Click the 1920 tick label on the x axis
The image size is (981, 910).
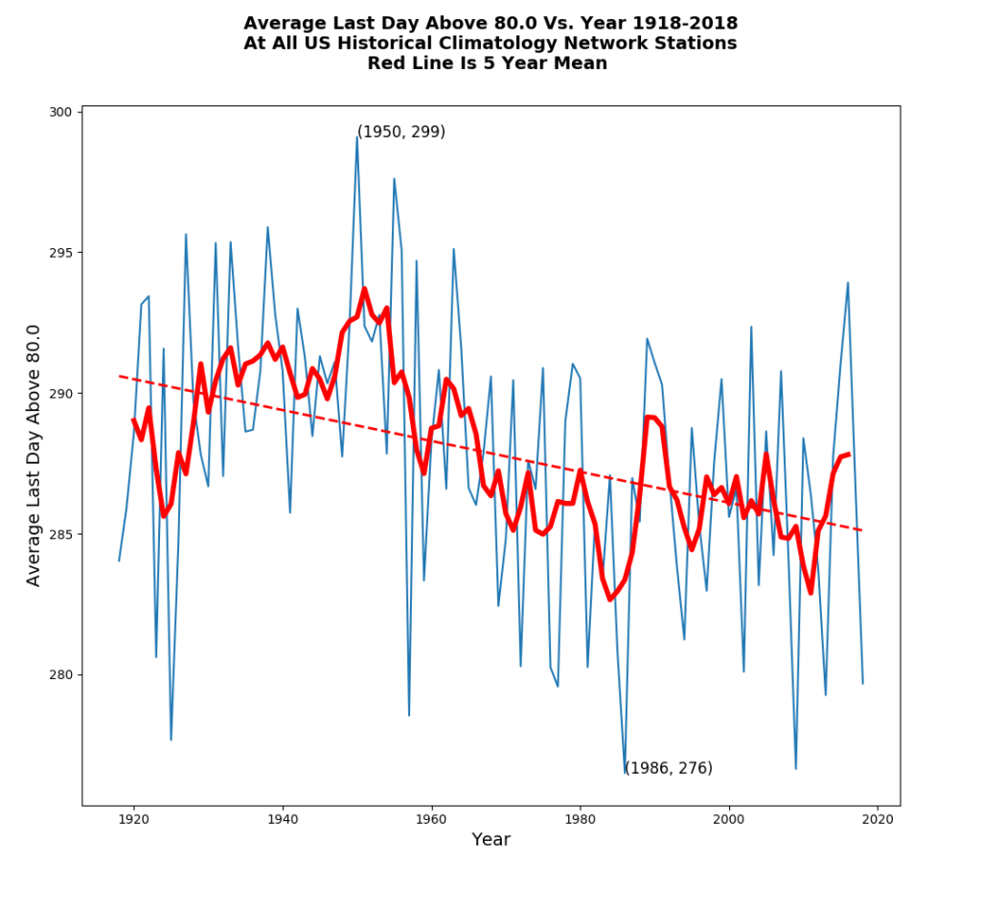pos(133,819)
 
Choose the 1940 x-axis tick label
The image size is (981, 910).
pos(283,819)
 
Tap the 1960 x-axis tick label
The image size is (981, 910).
pos(431,819)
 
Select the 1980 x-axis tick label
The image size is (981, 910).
pos(581,819)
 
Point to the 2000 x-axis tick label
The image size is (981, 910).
pos(729,819)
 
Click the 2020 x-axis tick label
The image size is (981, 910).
pos(878,819)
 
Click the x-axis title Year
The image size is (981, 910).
pos(490,840)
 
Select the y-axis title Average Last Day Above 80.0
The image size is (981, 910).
pos(34,455)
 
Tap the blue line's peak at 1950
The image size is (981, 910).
pos(357,137)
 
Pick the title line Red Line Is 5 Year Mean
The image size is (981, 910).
pos(488,63)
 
